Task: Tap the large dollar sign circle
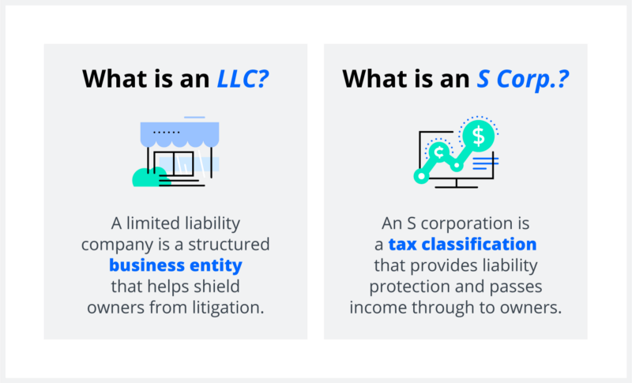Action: click(x=478, y=135)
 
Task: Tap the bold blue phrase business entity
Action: click(x=175, y=265)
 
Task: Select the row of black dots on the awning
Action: click(x=166, y=132)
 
